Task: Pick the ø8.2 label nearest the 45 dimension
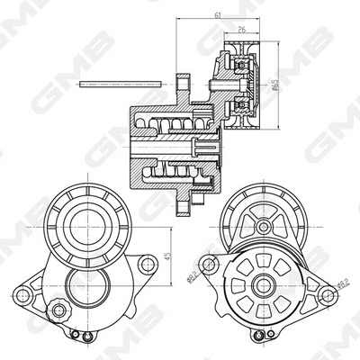[193, 276]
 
